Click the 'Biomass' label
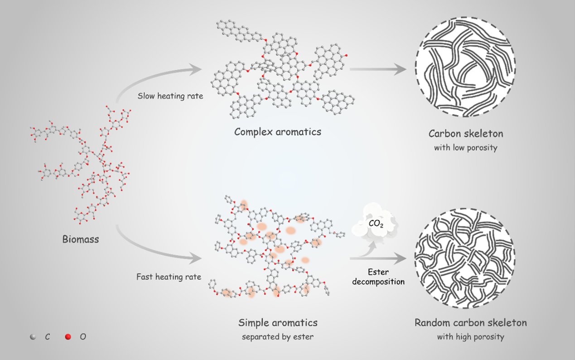[81, 239]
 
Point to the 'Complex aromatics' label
[277, 132]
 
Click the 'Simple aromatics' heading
[278, 323]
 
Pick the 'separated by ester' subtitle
[278, 337]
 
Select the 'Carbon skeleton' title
[466, 134]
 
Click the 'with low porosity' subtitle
[465, 148]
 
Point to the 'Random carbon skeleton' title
[470, 323]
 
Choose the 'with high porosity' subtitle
[470, 337]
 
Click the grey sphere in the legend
[33, 337]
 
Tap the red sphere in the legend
[68, 337]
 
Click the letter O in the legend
[83, 337]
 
